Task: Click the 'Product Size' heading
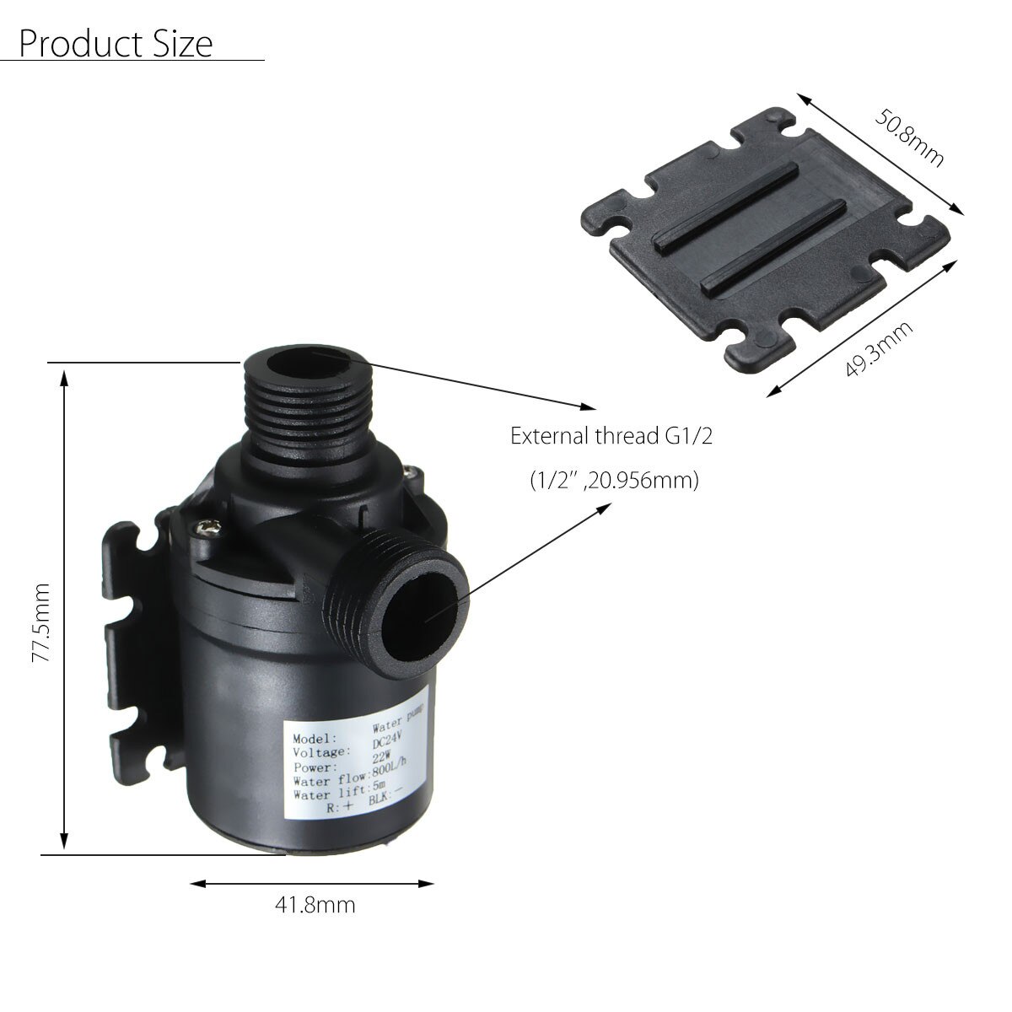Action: pos(116,43)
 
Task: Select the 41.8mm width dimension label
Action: pos(315,906)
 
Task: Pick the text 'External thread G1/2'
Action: pos(616,436)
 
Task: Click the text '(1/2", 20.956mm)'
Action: pos(614,481)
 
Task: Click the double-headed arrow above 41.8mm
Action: pos(312,883)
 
